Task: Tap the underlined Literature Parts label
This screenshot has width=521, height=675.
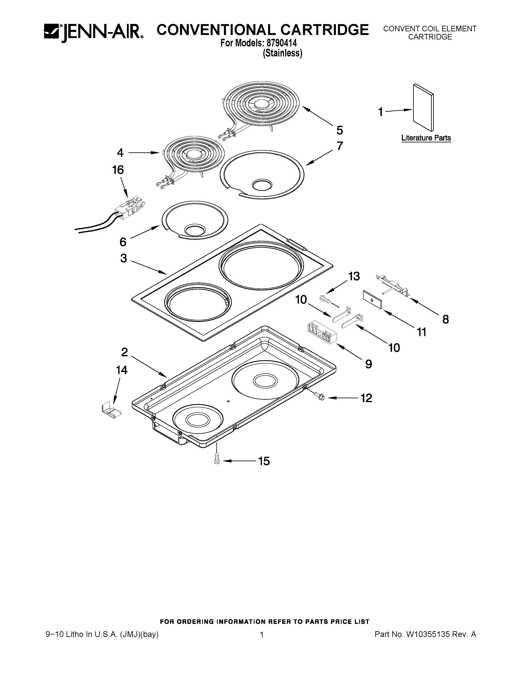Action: [x=426, y=138]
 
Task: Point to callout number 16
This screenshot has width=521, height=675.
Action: [x=118, y=170]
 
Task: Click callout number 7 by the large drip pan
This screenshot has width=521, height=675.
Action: [x=340, y=146]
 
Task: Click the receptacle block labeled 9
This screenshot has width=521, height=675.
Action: [x=321, y=332]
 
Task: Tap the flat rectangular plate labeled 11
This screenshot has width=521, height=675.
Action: [x=372, y=299]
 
